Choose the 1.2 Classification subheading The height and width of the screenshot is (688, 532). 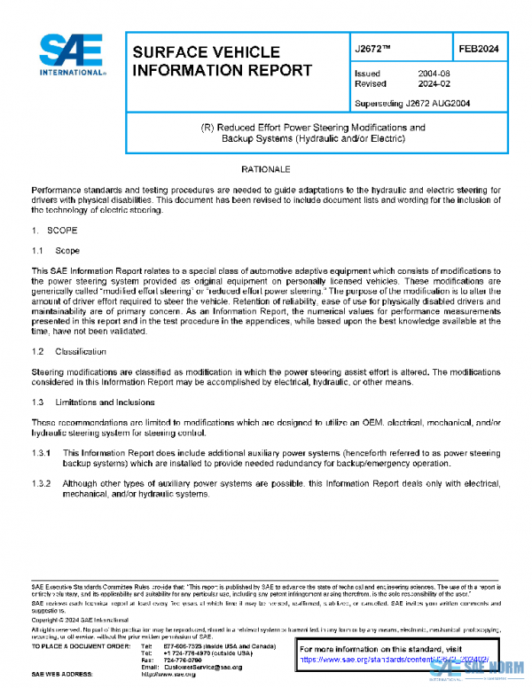[69, 352]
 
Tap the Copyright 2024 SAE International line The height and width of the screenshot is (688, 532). [75, 622]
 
